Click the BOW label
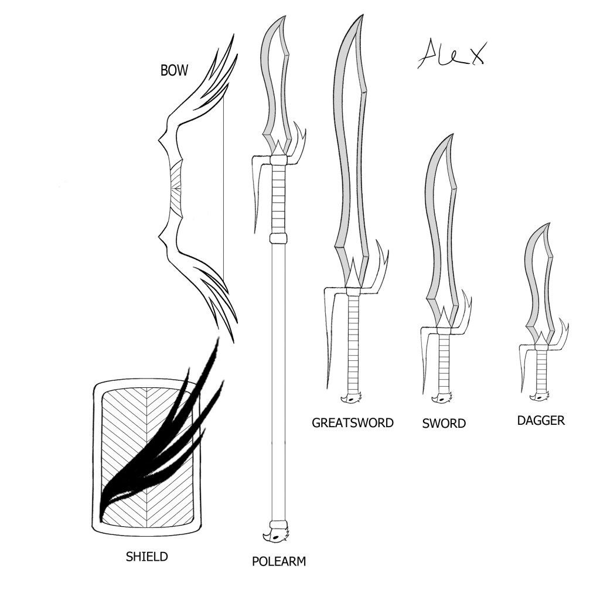(174, 70)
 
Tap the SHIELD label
(147, 557)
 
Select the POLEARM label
(279, 561)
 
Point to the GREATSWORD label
(352, 423)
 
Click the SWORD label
(444, 424)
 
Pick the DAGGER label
(541, 421)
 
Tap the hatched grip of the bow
(176, 189)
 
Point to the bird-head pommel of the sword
(442, 398)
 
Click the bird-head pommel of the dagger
(540, 397)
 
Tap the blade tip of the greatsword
(362, 15)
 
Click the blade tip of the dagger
(550, 223)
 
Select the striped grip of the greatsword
(353, 343)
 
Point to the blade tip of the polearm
(285, 16)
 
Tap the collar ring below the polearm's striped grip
(278, 238)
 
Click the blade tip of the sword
(453, 134)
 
